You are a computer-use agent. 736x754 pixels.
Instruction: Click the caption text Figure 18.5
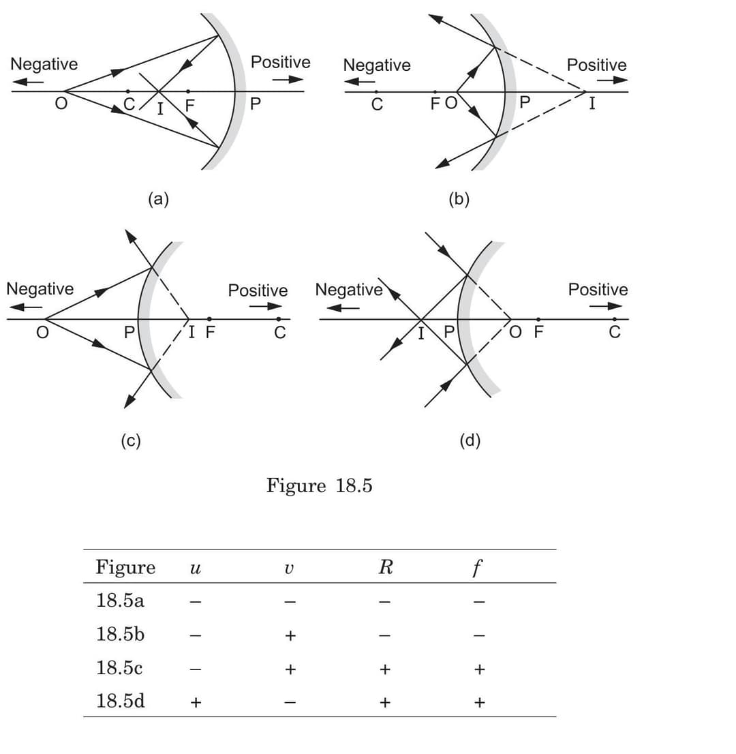[319, 486]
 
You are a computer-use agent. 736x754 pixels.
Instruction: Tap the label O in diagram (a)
[61, 107]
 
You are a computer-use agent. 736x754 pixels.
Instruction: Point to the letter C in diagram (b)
[377, 106]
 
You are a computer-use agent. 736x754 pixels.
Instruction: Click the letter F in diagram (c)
[211, 333]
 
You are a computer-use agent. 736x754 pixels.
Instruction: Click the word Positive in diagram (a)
[281, 63]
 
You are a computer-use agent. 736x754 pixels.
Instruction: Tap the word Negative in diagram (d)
[348, 290]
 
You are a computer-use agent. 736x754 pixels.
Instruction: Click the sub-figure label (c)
[131, 441]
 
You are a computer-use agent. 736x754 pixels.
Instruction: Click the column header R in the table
[385, 567]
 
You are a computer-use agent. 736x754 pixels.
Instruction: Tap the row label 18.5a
[120, 601]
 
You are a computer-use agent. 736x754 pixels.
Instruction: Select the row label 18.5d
[121, 701]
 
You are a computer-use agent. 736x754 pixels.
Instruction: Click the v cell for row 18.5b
[290, 636]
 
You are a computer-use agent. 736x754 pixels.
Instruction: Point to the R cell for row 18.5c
[385, 669]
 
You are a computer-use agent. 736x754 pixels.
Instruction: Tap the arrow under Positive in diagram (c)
[265, 306]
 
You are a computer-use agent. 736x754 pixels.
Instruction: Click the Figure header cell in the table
[125, 567]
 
